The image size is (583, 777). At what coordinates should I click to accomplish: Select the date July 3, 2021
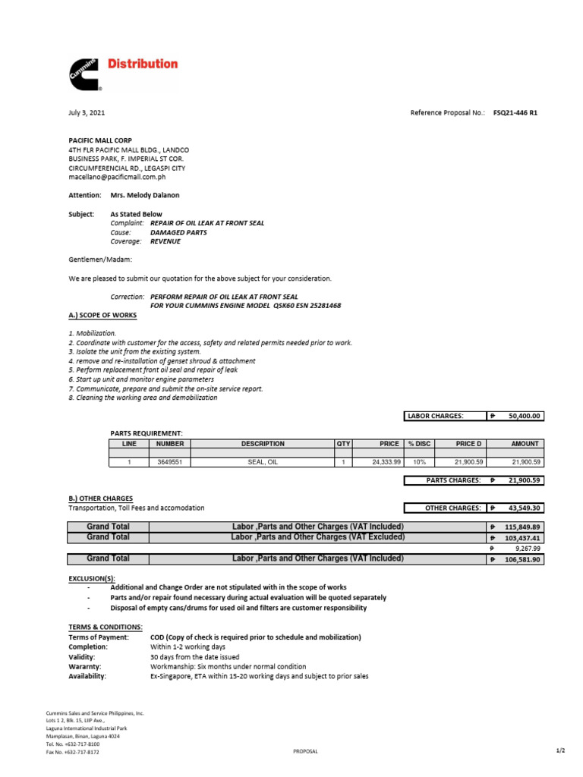click(x=87, y=112)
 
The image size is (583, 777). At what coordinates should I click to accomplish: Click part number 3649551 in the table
click(x=170, y=461)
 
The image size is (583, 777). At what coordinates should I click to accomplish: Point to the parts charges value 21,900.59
click(x=522, y=480)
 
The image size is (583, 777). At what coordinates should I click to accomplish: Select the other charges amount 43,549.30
click(x=522, y=508)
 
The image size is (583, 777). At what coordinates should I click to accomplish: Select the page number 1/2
click(x=560, y=750)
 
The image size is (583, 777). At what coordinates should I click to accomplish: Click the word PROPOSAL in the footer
click(x=305, y=751)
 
